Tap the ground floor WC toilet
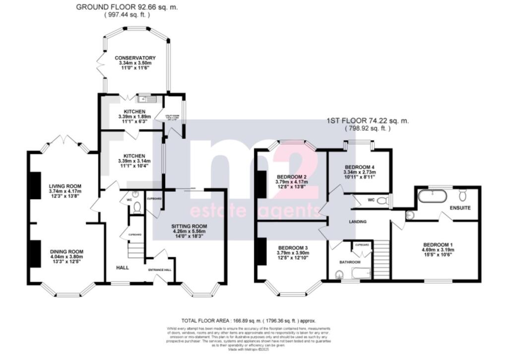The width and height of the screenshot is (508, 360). (x=136, y=208)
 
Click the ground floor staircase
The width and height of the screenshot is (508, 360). (x=135, y=248)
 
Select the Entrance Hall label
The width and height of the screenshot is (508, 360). (x=159, y=270)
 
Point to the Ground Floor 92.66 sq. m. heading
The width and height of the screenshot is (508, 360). (x=127, y=7)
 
